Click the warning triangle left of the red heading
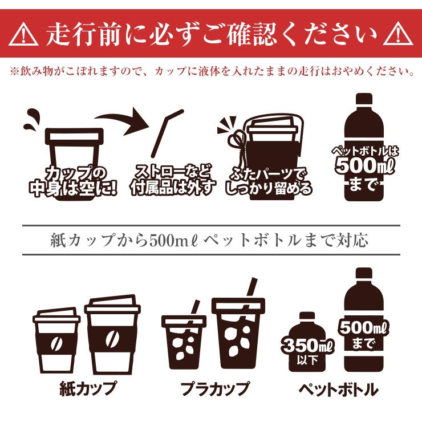pos(23,34)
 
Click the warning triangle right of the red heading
pos(398,34)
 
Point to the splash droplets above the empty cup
pos(32,120)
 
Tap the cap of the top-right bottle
pos(364,99)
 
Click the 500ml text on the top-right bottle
pos(364,165)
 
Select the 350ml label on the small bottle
pos(307,345)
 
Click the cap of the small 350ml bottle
pos(307,316)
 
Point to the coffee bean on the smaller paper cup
pos(56,343)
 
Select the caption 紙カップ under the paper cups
pos(88,388)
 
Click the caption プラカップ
pos(215,389)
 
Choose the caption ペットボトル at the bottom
pos(338,389)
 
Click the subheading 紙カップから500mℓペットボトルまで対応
pos(209,240)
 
